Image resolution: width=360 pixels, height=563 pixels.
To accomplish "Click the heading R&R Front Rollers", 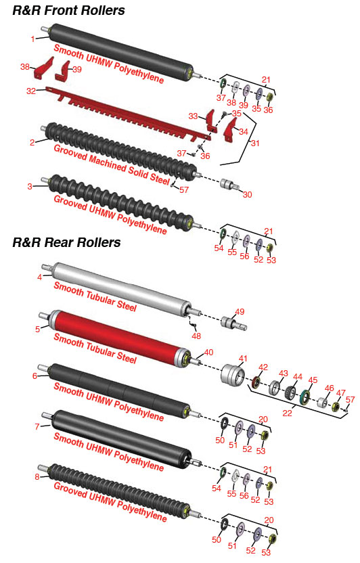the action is pos(68,10).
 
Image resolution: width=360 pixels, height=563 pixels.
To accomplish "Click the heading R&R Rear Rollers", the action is pos(66,242).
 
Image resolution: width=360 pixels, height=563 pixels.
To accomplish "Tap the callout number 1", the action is pos(33,39).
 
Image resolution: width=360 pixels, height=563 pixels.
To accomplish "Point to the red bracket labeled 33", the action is pos(210,120).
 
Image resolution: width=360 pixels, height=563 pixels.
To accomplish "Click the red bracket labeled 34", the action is pos(229,131).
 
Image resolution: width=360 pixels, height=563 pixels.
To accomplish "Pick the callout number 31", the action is pos(255,143).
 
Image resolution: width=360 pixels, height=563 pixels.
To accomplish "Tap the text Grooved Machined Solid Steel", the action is pos(112,164).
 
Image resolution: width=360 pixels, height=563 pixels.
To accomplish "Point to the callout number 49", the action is pos(240,312).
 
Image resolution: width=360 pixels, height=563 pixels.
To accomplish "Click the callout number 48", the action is pos(196,336).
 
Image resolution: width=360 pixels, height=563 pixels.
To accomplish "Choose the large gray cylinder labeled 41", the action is pos(233,374).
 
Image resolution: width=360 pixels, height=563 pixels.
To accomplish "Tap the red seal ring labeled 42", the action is pos(256,382).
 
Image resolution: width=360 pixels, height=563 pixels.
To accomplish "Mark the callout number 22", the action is pos(287,413).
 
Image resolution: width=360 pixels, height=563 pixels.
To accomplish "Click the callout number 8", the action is pos(37,477).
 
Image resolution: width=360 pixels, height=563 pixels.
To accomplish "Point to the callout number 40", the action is pos(208,353).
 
